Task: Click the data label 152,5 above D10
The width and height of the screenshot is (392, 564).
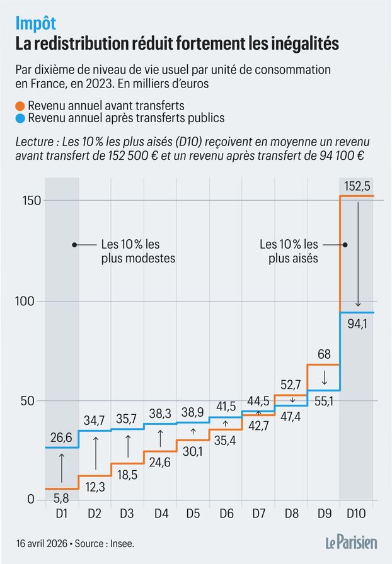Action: (x=357, y=187)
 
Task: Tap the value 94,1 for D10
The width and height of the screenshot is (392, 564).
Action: (x=357, y=325)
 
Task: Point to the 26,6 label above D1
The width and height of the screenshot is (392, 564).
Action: (x=62, y=437)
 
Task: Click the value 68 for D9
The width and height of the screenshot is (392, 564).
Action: (x=323, y=354)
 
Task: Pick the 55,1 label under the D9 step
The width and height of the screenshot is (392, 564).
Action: (x=323, y=401)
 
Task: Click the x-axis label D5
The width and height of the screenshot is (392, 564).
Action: (x=193, y=514)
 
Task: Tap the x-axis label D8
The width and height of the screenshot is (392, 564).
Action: (x=291, y=514)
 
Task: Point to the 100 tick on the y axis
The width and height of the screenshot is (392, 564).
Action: (x=26, y=302)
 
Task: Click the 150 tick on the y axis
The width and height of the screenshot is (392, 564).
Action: (x=26, y=201)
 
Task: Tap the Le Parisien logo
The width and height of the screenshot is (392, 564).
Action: (x=351, y=541)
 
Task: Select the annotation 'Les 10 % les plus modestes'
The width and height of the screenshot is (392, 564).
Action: (x=137, y=251)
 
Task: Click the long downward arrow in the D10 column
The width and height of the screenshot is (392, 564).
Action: (x=357, y=255)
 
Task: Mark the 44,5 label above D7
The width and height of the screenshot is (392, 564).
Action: (x=258, y=401)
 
